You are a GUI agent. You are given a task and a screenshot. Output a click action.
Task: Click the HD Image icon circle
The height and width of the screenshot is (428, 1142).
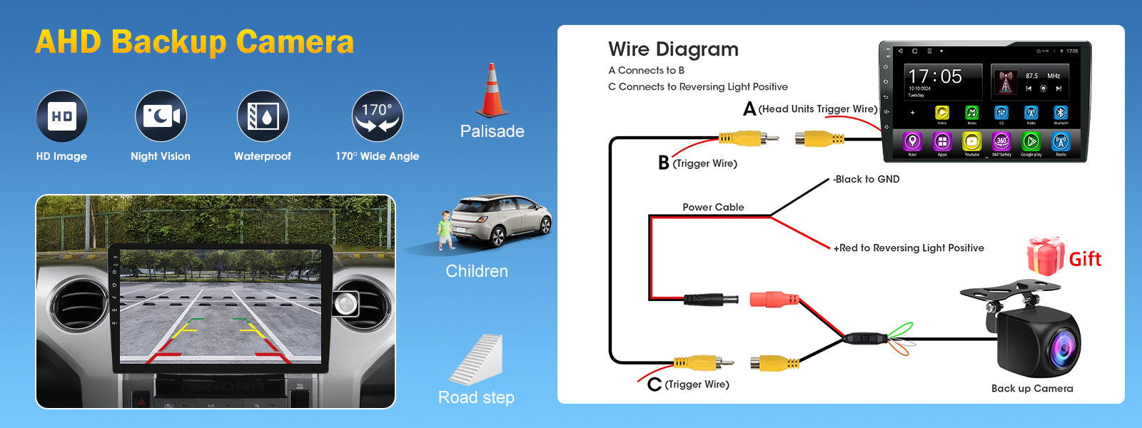tap(62, 116)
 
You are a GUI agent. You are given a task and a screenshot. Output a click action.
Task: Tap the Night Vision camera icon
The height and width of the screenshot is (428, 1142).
tap(161, 116)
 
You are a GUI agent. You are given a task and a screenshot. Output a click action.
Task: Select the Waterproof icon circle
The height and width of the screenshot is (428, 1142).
tap(263, 116)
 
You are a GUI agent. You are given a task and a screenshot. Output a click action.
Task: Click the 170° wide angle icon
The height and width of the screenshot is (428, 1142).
tap(378, 116)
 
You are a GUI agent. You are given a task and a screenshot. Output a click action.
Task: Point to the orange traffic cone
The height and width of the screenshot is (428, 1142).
tap(492, 91)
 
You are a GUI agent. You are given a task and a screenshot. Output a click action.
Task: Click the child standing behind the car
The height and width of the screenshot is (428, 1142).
tap(446, 230)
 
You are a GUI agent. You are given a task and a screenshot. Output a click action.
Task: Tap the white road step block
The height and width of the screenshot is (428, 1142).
tap(478, 360)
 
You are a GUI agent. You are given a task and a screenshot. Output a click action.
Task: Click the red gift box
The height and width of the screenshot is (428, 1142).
tap(1046, 256)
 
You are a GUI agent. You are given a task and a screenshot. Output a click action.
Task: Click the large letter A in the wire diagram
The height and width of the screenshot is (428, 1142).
tap(749, 109)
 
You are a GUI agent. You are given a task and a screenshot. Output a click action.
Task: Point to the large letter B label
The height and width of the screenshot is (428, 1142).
tap(664, 163)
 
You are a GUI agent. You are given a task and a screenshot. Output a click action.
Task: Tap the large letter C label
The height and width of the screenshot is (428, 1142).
tap(655, 384)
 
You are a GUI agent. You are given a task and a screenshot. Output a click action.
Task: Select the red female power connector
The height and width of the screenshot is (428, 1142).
tap(774, 299)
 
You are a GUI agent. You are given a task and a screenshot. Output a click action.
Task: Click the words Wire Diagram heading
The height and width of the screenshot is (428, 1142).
tap(673, 49)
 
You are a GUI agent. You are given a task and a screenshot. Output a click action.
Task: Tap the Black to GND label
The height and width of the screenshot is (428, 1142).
tap(866, 179)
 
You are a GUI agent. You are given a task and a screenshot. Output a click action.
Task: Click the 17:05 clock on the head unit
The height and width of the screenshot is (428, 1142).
tap(935, 76)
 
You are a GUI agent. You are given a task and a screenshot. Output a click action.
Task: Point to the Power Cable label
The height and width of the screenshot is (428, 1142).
tap(713, 207)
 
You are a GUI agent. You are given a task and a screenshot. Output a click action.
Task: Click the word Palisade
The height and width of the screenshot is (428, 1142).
tap(492, 131)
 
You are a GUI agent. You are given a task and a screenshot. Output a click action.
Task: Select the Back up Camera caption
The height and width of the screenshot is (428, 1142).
tap(1032, 389)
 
